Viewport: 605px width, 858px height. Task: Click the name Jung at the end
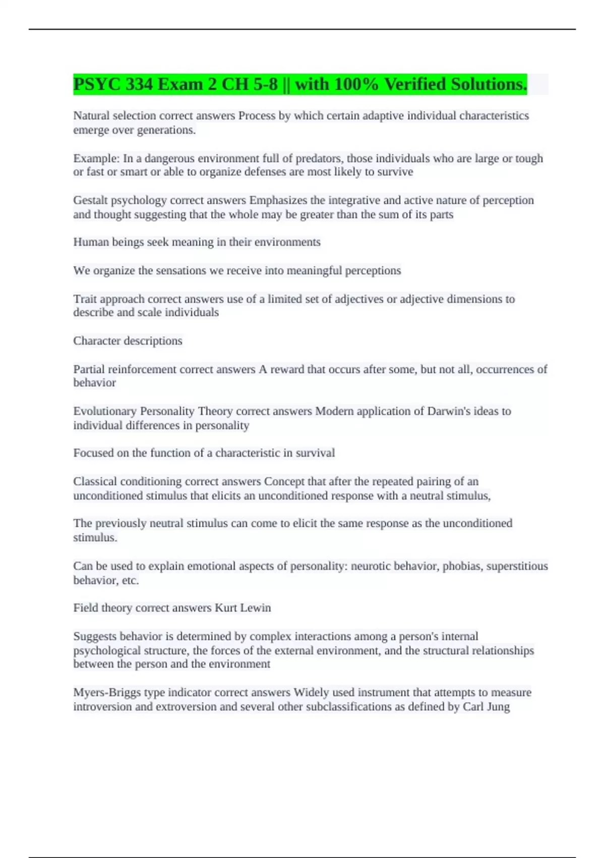coord(498,707)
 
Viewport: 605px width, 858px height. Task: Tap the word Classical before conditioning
coord(95,481)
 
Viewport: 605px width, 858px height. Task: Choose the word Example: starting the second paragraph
coord(96,158)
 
